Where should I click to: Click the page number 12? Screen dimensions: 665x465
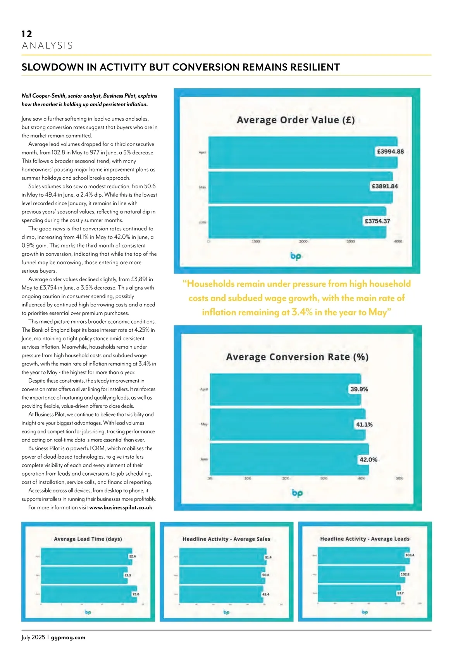pyautogui.click(x=27, y=34)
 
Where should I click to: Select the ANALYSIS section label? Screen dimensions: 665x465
pyautogui.click(x=47, y=46)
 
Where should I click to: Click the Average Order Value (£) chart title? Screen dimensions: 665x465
pyautogui.click(x=296, y=120)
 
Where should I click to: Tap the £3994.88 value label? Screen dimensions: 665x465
pyautogui.click(x=390, y=152)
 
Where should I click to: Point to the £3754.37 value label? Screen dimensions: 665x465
pyautogui.click(x=377, y=221)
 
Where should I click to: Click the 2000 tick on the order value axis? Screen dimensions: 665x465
pyautogui.click(x=303, y=241)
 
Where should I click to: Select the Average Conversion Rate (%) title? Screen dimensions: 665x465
pyautogui.click(x=297, y=357)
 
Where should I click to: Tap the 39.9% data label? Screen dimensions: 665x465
pyautogui.click(x=359, y=389)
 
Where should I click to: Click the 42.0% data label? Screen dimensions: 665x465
pyautogui.click(x=368, y=459)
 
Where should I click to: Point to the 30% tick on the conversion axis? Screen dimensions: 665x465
pyautogui.click(x=324, y=478)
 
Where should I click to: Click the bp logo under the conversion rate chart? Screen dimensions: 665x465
pyautogui.click(x=297, y=493)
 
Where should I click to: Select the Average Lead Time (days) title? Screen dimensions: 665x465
pyautogui.click(x=88, y=539)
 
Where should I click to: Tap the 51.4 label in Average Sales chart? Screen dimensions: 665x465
pyautogui.click(x=268, y=557)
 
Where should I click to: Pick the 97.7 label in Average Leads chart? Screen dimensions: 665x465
pyautogui.click(x=400, y=593)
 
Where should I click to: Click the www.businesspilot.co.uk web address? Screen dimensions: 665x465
pyautogui.click(x=121, y=507)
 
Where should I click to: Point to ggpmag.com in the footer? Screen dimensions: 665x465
pyautogui.click(x=68, y=637)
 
